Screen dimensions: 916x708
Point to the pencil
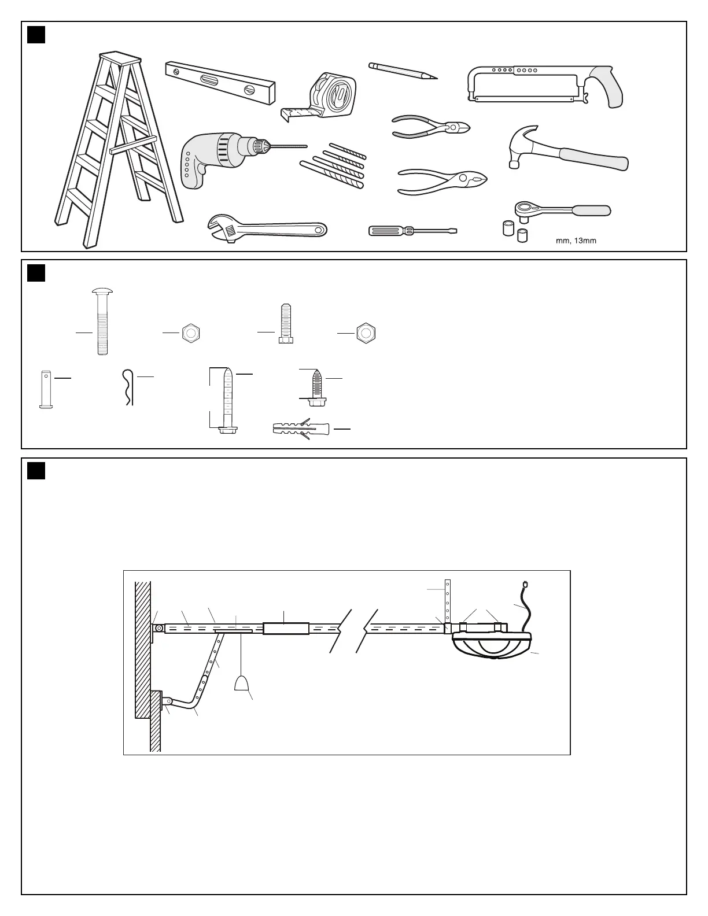click(x=403, y=71)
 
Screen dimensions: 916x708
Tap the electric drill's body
click(x=208, y=156)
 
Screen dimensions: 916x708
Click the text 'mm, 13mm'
click(x=576, y=241)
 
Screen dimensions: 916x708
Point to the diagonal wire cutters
click(x=431, y=127)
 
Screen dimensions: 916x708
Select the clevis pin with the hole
click(x=46, y=389)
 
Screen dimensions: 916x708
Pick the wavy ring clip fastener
click(x=128, y=387)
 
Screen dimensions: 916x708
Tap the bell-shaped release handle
click(x=241, y=684)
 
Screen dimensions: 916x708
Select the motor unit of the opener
click(x=492, y=645)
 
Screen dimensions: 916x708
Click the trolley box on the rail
click(x=286, y=628)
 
